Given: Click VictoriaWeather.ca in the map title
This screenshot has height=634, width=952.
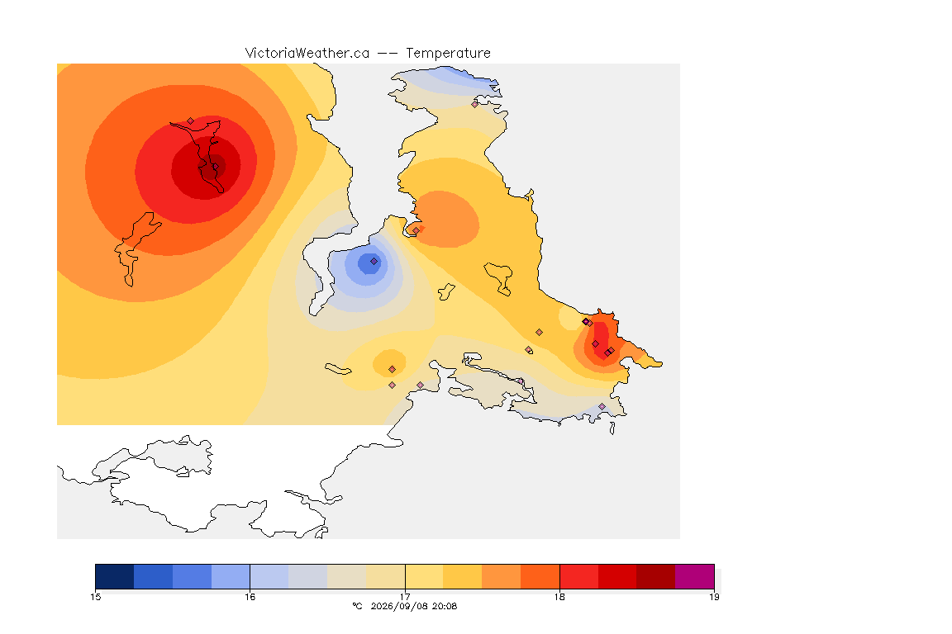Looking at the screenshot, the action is pyautogui.click(x=307, y=54).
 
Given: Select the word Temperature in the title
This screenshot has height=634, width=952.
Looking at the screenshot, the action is pyautogui.click(x=448, y=54).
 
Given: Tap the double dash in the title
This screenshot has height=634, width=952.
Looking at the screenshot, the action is pyautogui.click(x=388, y=54).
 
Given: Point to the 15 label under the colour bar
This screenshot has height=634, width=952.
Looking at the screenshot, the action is pyautogui.click(x=95, y=597).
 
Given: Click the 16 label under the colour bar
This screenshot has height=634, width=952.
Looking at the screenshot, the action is pyautogui.click(x=250, y=597).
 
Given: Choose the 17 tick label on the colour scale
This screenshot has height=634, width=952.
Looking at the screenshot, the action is pyautogui.click(x=405, y=597).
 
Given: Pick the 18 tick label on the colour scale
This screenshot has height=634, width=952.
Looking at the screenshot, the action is pyautogui.click(x=559, y=597).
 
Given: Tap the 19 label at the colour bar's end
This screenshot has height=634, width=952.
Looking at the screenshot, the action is pyautogui.click(x=714, y=597).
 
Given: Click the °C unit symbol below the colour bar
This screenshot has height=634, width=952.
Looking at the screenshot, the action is pyautogui.click(x=357, y=606).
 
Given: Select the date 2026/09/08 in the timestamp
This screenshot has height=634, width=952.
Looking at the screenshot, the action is pyautogui.click(x=397, y=606).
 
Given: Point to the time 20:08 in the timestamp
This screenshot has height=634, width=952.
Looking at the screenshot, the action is pyautogui.click(x=443, y=606).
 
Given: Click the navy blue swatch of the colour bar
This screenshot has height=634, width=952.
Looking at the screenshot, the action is pyautogui.click(x=115, y=576).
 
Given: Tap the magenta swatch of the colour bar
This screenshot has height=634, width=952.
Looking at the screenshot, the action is pyautogui.click(x=694, y=576).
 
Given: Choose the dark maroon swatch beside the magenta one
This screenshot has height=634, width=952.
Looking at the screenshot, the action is pyautogui.click(x=656, y=576).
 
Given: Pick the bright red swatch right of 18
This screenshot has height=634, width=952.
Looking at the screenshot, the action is pyautogui.click(x=579, y=576).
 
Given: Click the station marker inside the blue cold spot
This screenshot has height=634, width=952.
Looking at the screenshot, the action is pyautogui.click(x=374, y=262).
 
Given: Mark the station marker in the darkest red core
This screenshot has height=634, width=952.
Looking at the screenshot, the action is pyautogui.click(x=214, y=167).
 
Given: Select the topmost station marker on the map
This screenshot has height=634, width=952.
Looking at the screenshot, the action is pyautogui.click(x=475, y=104).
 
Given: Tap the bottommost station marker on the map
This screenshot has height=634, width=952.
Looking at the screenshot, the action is pyautogui.click(x=602, y=406).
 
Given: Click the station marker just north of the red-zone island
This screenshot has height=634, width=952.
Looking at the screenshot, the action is pyautogui.click(x=191, y=121).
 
